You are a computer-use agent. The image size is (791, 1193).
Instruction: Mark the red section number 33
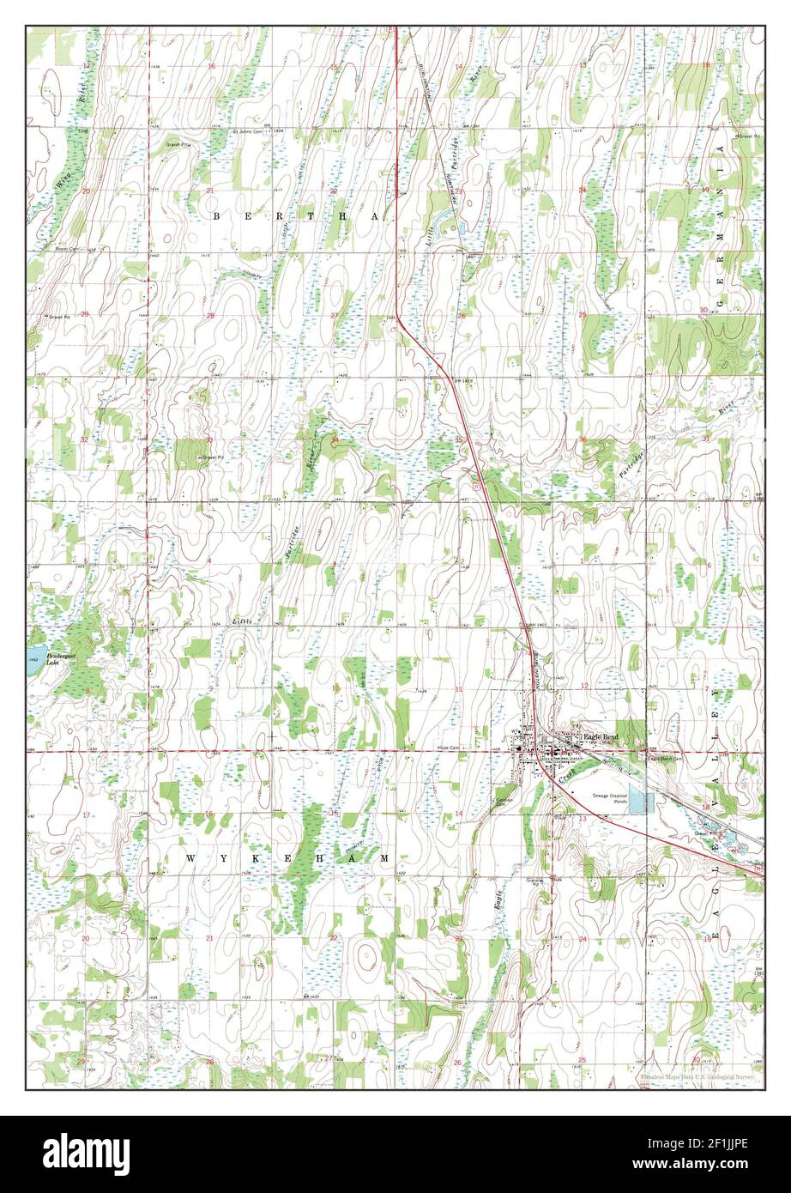click(x=209, y=439)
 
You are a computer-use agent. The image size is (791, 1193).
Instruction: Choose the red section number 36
click(x=583, y=440)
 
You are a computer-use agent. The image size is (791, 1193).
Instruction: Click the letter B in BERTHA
click(x=216, y=218)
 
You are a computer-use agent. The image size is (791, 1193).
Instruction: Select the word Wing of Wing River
click(x=60, y=181)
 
